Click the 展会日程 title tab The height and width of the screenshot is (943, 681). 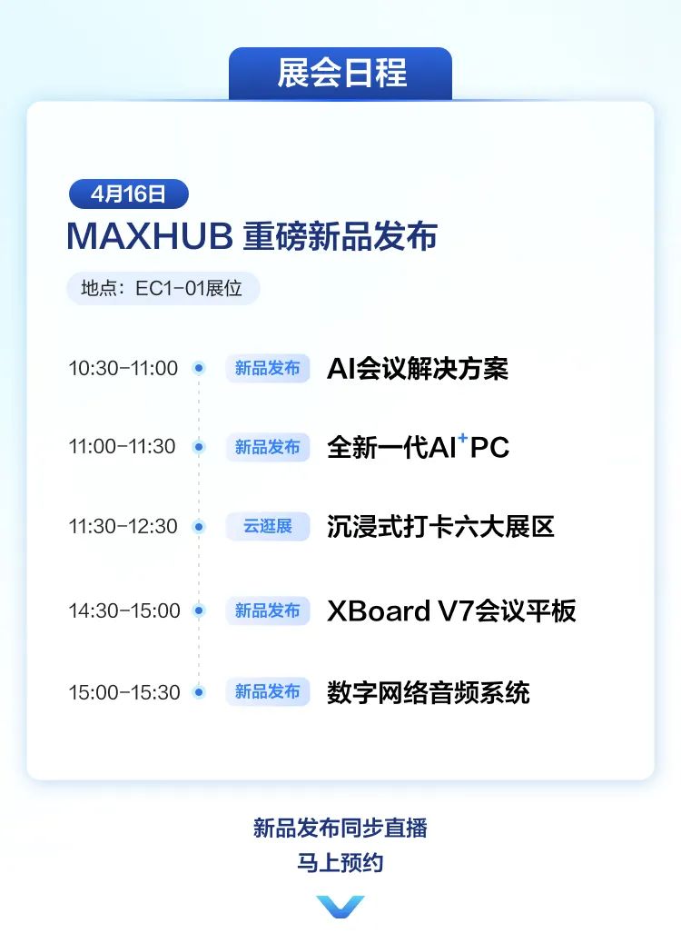pos(340,74)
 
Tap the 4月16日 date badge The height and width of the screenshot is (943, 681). pos(129,194)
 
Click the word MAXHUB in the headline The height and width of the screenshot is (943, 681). pos(150,235)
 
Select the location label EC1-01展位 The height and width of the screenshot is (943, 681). pos(163,288)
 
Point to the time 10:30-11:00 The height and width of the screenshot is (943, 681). pos(123,368)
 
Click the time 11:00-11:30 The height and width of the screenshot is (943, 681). pos(122,446)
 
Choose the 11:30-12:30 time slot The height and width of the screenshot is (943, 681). pos(123,526)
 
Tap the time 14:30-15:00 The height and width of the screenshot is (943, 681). pos(124,610)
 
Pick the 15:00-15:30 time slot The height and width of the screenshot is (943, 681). pos(124,692)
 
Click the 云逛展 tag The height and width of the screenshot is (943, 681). pos(268,526)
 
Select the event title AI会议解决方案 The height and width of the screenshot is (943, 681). pos(418,368)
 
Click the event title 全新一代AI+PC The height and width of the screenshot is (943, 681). pos(419,446)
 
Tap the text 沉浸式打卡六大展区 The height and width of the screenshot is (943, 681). pos(440,526)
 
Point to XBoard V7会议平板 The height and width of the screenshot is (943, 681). pos(451,610)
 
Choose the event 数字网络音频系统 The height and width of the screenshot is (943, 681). pos(428,692)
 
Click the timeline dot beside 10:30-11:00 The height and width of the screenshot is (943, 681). pos(199,367)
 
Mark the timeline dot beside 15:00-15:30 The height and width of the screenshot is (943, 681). pos(199,692)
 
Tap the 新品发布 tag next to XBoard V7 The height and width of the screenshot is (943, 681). pos(268,610)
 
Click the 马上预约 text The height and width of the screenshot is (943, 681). pos(340,862)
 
